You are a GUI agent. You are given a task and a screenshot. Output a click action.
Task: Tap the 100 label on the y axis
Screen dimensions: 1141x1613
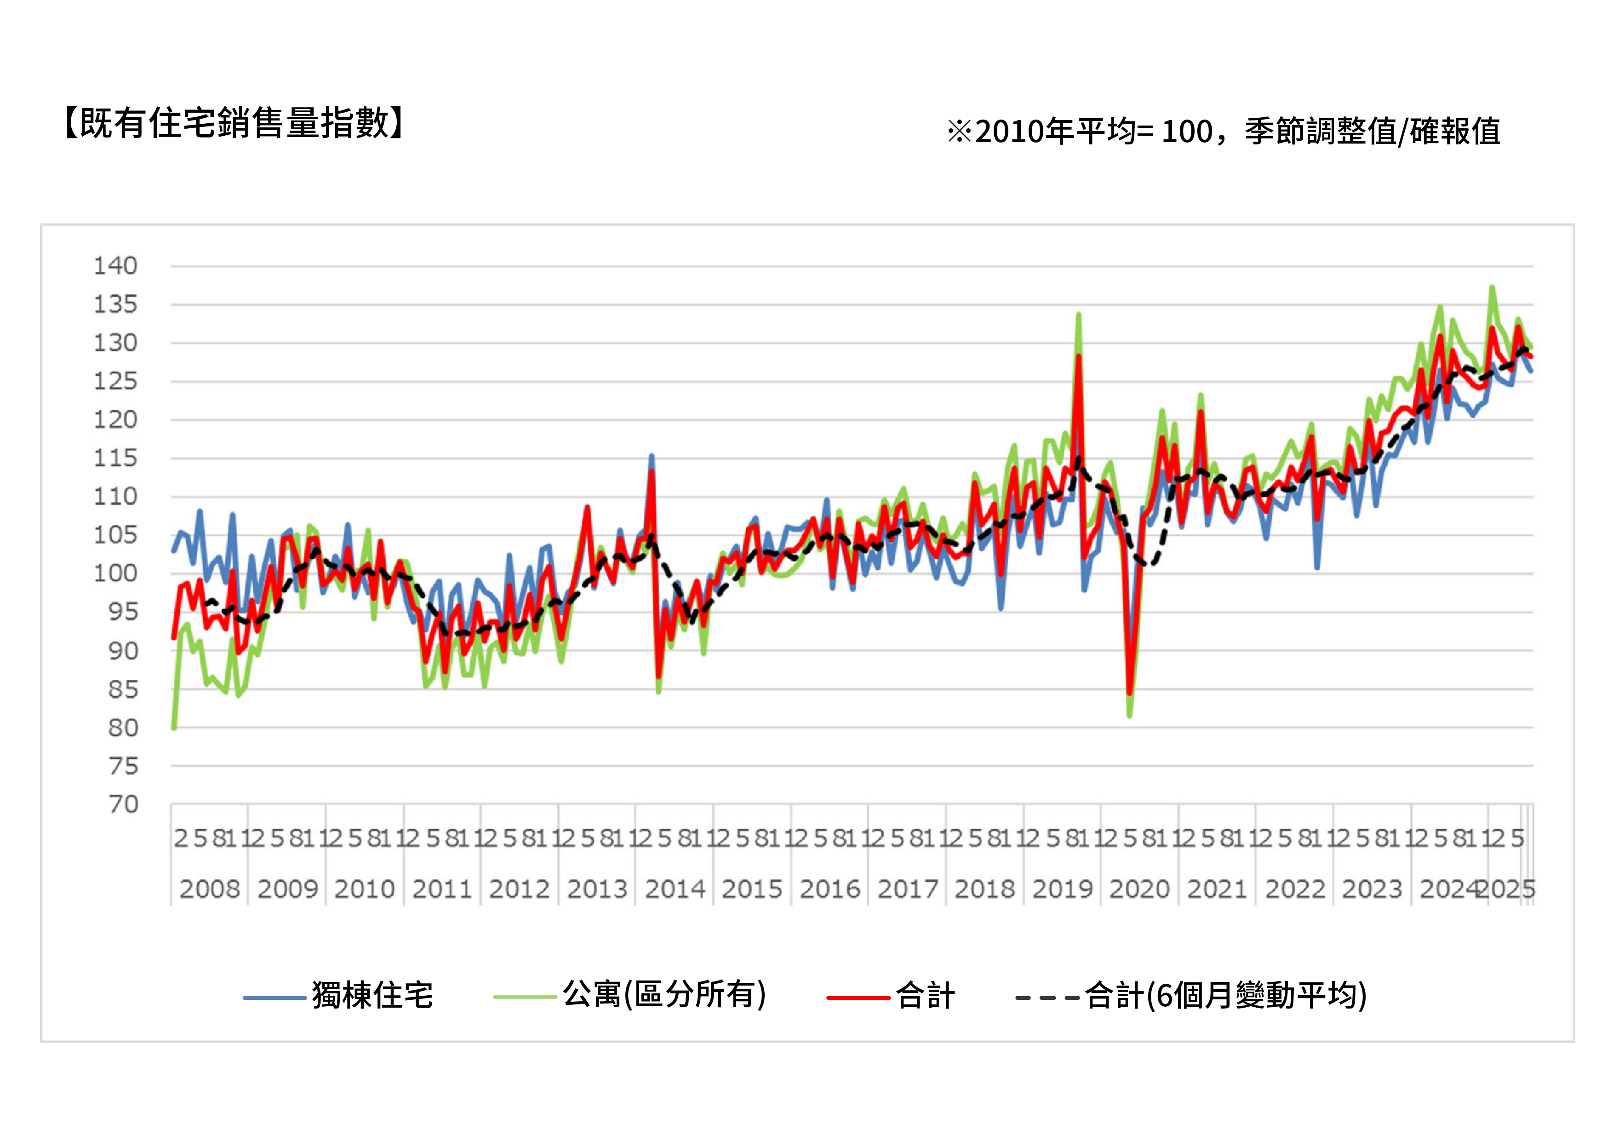tap(116, 573)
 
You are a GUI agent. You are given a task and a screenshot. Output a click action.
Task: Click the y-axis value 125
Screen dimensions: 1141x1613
tap(116, 382)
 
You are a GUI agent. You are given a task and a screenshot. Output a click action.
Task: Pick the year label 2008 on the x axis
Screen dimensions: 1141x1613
tap(209, 889)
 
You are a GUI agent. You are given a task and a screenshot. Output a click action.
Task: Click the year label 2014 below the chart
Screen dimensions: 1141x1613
tap(675, 889)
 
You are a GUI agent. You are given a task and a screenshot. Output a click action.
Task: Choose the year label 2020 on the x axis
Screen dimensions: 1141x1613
tap(1139, 889)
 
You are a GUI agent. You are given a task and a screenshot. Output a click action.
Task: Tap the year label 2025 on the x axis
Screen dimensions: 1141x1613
tap(1507, 889)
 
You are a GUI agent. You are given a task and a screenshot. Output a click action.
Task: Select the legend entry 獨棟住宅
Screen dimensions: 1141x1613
tap(372, 996)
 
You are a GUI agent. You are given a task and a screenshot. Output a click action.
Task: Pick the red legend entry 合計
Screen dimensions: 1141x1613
tap(925, 996)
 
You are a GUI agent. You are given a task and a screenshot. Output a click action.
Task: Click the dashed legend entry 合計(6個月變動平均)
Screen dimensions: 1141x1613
tap(1225, 996)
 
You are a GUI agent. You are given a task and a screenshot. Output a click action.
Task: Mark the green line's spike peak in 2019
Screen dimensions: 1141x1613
tap(1078, 315)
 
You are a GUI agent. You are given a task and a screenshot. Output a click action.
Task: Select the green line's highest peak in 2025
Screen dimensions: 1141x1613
tap(1492, 287)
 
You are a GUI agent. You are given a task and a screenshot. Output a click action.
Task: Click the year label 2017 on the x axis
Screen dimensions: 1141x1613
tap(908, 889)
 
